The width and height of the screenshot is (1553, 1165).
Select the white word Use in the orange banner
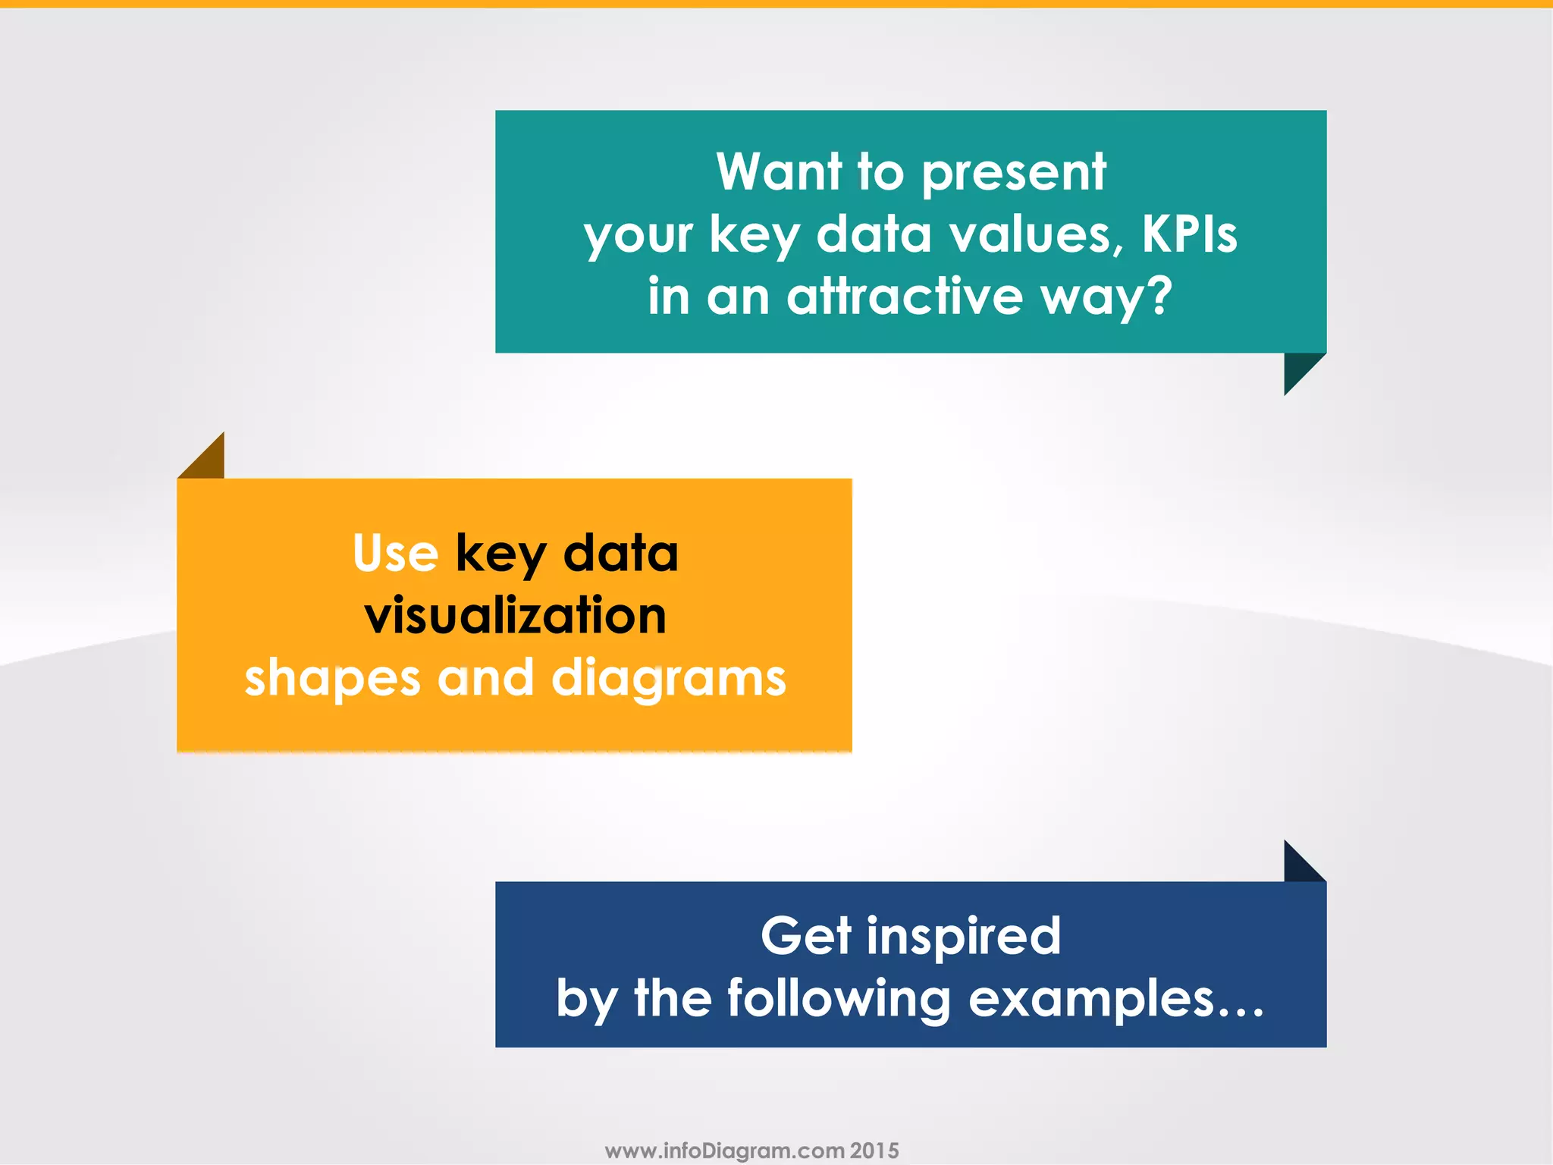point(395,553)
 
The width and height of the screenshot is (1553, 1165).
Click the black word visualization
point(516,615)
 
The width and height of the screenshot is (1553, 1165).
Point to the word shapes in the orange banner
point(332,679)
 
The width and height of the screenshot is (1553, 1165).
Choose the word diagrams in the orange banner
point(669,679)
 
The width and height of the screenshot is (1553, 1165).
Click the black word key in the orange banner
point(500,554)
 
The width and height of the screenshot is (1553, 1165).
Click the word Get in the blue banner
point(806,936)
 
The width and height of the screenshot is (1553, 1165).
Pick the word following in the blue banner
point(839,1000)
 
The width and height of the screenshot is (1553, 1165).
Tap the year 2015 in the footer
point(874,1151)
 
